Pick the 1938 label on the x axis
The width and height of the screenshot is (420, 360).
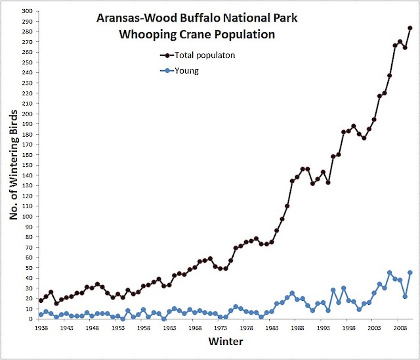pyautogui.click(x=41, y=327)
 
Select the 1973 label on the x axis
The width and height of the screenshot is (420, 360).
pyautogui.click(x=221, y=327)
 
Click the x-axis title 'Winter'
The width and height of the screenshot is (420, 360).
pyautogui.click(x=226, y=342)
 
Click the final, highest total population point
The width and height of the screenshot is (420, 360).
pyautogui.click(x=410, y=28)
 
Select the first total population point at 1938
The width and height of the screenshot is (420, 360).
pyautogui.click(x=41, y=300)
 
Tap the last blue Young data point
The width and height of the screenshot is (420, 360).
pyautogui.click(x=410, y=273)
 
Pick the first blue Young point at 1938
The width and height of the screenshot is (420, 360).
pyautogui.click(x=41, y=314)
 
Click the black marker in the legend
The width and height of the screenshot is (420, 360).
pyautogui.click(x=167, y=56)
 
